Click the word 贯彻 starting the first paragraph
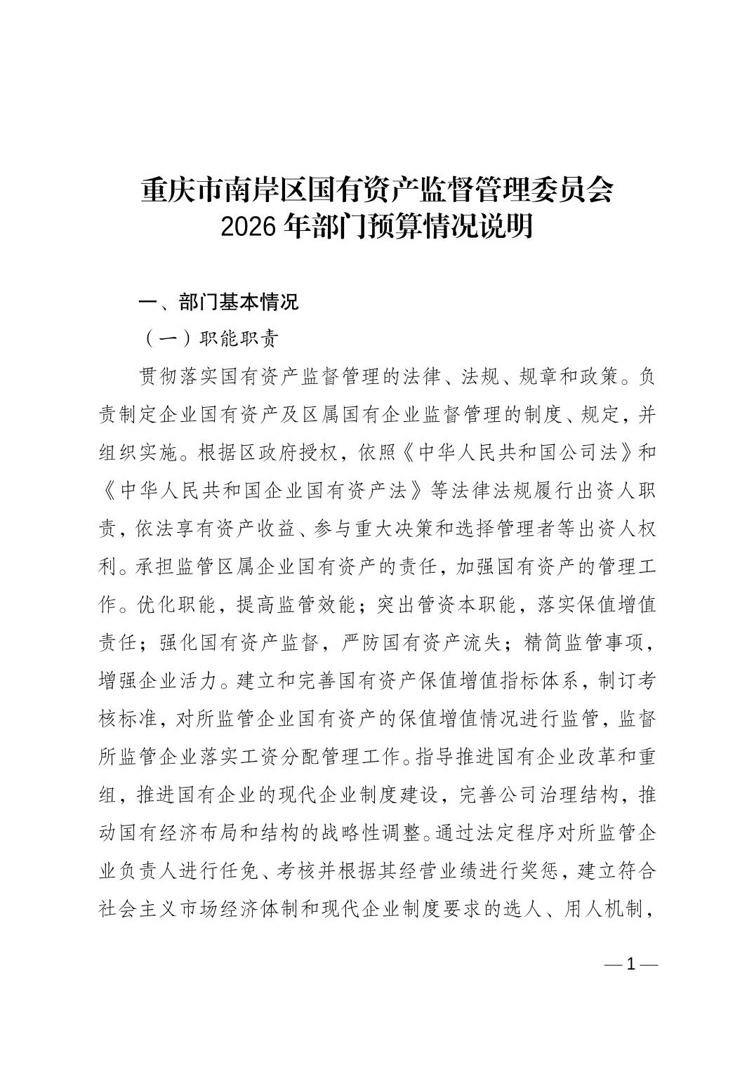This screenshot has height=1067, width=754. [x=159, y=377]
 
